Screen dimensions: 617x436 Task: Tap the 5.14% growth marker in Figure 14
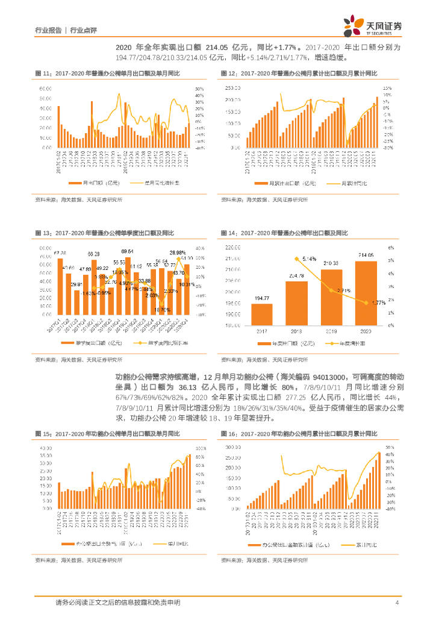296,258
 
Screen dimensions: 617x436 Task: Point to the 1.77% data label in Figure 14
378,303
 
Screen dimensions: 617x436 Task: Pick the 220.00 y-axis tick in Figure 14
233,248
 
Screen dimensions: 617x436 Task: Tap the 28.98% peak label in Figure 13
177,252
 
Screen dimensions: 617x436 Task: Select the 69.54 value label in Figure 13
127,251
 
